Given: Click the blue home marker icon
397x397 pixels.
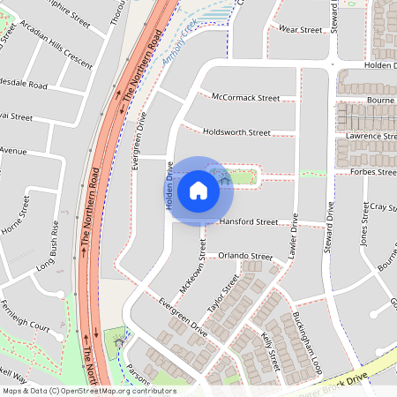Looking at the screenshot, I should pos(198,190).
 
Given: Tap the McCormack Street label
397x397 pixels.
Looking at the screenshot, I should pos(240,98).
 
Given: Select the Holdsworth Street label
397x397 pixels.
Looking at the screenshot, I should pos(236,132).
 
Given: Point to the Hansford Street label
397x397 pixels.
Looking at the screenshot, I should pos(250,223).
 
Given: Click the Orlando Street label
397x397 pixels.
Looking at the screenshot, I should pos(245,256).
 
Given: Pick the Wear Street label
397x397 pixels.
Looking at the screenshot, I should pos(300,30).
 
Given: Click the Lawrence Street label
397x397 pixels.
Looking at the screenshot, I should pos(371,137).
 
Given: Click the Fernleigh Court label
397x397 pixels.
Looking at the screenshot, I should pos(26,326).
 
